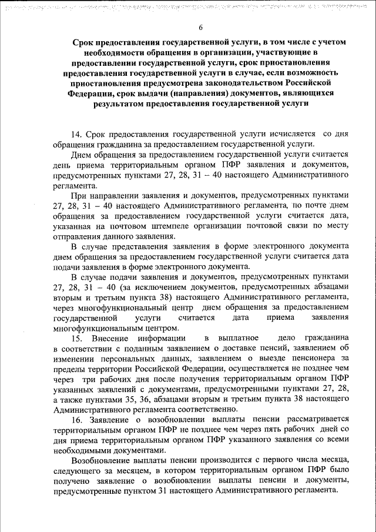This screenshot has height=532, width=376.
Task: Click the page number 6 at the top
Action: coord(200,28)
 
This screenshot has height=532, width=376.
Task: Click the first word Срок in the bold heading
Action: coord(85,43)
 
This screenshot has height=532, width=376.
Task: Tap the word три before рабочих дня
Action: coord(90,379)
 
